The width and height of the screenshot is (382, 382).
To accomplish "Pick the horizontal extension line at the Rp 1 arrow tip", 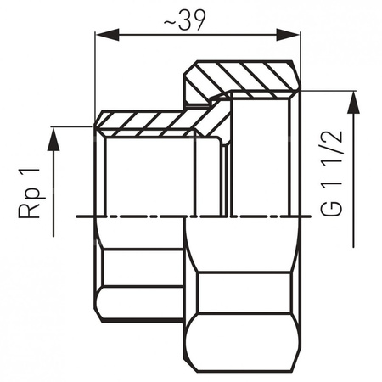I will pyautogui.click(x=72, y=126).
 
